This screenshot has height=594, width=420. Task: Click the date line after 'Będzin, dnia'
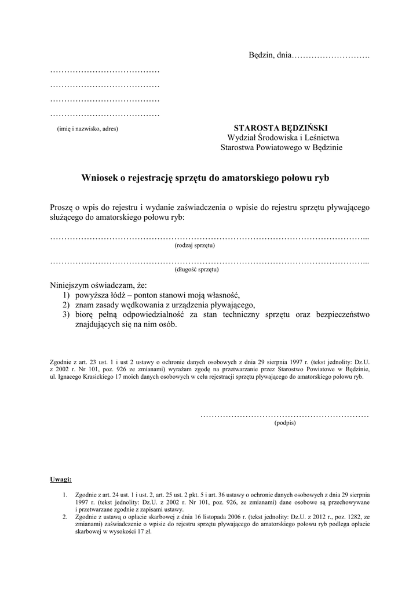click(330, 56)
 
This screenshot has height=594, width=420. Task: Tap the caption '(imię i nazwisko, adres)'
click(87, 129)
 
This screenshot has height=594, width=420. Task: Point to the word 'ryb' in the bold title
click(322, 178)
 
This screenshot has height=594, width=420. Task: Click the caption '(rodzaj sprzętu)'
click(195, 245)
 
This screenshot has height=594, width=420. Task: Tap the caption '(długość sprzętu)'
click(196, 269)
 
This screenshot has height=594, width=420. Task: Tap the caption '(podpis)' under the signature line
click(284, 423)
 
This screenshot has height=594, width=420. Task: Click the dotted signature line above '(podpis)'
click(284, 415)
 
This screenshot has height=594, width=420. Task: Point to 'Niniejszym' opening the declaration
click(71, 285)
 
